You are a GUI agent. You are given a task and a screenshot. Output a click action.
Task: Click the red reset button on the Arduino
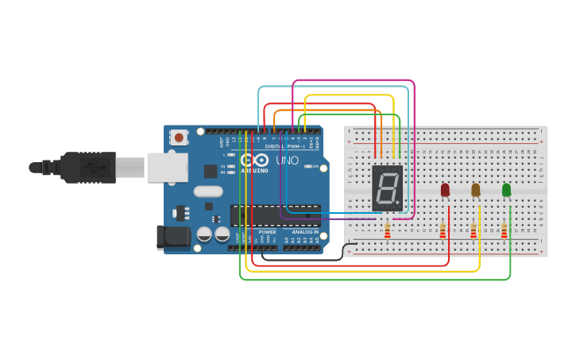(179, 137)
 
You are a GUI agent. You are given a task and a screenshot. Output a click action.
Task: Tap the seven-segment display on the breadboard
(387, 188)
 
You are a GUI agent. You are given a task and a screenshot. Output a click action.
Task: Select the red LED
(445, 190)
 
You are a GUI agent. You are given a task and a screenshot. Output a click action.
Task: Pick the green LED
(506, 190)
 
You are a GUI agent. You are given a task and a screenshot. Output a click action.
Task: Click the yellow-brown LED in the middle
(475, 190)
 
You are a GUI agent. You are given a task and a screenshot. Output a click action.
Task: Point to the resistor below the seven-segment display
(387, 230)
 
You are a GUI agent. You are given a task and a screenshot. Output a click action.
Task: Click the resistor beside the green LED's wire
(504, 230)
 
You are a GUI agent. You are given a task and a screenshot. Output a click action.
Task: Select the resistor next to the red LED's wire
(443, 230)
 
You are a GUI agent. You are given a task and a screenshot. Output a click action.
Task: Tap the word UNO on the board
(287, 161)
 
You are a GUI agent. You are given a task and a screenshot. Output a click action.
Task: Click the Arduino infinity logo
(254, 161)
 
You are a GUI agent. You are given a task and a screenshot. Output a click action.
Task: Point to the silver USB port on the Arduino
(167, 168)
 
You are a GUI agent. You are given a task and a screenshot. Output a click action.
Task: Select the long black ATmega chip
(275, 215)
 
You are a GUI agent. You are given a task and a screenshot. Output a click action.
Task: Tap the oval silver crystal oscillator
(208, 191)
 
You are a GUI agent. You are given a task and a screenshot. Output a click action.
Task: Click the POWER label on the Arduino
(267, 232)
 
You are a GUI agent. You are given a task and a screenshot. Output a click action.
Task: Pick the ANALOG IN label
(304, 232)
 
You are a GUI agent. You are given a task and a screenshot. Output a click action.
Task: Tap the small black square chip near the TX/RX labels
(211, 171)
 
